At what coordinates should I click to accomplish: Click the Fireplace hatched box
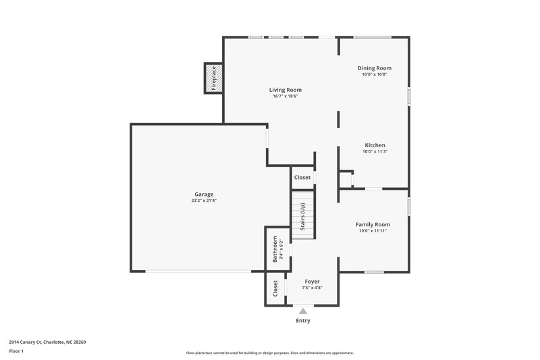(x=214, y=78)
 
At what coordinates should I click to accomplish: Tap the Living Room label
(x=285, y=90)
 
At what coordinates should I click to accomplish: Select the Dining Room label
(x=374, y=68)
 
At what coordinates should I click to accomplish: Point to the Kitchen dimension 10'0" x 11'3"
(x=375, y=152)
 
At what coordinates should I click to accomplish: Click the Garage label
(x=204, y=194)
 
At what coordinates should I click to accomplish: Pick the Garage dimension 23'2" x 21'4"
(x=204, y=201)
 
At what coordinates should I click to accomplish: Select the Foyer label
(x=312, y=281)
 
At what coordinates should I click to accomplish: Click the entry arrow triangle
(x=303, y=311)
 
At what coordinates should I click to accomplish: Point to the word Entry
(x=303, y=321)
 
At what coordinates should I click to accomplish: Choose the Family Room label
(x=373, y=224)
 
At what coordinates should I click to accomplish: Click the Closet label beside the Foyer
(x=275, y=289)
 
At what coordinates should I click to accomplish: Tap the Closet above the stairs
(x=302, y=178)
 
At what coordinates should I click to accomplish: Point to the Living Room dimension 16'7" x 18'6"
(x=285, y=97)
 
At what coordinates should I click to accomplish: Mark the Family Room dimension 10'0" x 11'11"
(x=373, y=231)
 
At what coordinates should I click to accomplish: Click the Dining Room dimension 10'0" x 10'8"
(x=374, y=75)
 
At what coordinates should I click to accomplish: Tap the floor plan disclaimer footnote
(x=269, y=353)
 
